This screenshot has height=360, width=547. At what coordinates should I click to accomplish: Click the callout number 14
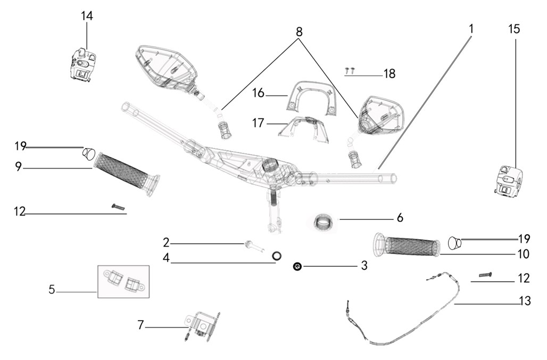coord(87,16)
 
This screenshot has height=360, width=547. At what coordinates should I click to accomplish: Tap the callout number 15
coord(514,29)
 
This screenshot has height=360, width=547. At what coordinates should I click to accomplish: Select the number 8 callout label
coord(299,32)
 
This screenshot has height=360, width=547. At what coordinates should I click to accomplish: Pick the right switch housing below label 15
coord(509,182)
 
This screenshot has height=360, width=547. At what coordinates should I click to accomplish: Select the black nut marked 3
coord(297,266)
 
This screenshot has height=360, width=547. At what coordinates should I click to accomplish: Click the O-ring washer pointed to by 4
coord(277,256)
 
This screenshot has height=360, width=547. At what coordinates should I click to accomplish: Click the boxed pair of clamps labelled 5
coord(123,281)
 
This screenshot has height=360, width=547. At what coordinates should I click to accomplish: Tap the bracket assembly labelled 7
coord(202,324)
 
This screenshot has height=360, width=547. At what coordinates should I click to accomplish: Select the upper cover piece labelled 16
coord(313,97)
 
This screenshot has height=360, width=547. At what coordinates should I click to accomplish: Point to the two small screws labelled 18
coord(349,69)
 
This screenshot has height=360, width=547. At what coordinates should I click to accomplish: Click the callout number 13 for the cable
coord(525,301)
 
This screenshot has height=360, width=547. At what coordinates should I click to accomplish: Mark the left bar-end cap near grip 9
coord(88,154)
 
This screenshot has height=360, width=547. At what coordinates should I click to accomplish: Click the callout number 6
coord(400,218)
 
